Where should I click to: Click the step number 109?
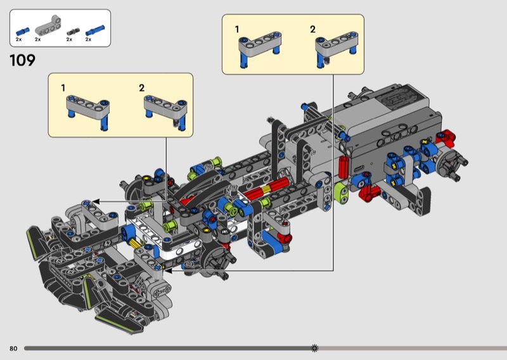point(22,61)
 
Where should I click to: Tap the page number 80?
point(13,349)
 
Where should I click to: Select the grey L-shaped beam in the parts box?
point(46,25)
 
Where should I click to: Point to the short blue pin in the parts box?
point(23,30)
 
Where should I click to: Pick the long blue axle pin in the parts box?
point(96,29)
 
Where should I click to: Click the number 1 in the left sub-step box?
point(63,87)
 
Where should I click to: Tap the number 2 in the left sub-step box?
point(141,87)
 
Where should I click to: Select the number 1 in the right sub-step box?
point(238,29)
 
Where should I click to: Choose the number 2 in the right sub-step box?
point(312,29)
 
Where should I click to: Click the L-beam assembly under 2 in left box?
point(165,110)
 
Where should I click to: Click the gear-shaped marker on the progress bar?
point(315,348)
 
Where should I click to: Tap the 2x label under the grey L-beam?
point(38,39)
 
